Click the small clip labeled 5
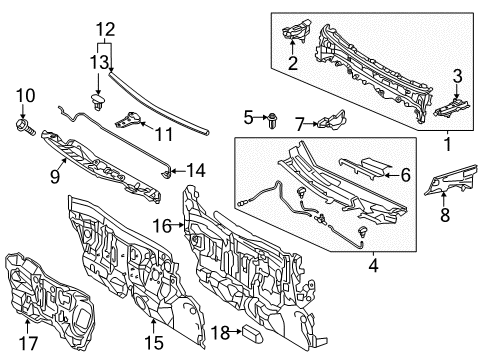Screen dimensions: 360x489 [273, 122]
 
